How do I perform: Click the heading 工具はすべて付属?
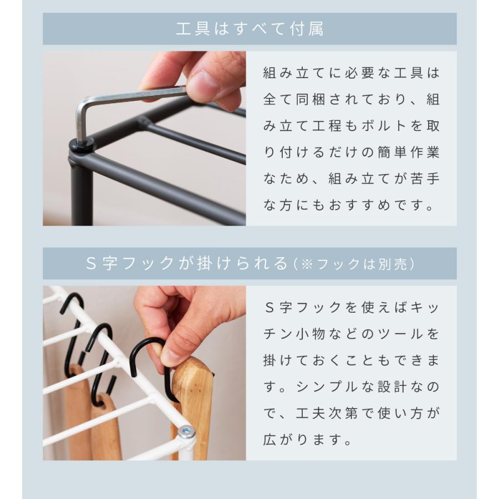coord(249,29)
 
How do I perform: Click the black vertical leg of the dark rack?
coord(82,194)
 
